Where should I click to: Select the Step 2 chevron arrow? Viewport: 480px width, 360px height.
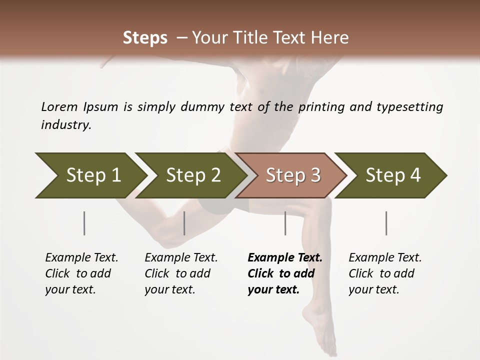pyautogui.click(x=192, y=175)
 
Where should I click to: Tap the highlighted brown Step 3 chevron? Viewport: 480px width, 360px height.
pyautogui.click(x=292, y=175)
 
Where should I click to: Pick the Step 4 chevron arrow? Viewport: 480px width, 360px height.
pyautogui.click(x=392, y=175)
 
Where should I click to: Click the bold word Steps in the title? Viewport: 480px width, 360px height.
pyautogui.click(x=145, y=38)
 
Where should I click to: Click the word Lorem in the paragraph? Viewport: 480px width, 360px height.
pyautogui.click(x=59, y=106)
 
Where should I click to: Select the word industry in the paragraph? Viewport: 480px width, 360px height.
pyautogui.click(x=66, y=124)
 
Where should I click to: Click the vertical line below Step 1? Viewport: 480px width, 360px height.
pyautogui.click(x=84, y=223)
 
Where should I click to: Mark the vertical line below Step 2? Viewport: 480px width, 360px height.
pyautogui.click(x=184, y=223)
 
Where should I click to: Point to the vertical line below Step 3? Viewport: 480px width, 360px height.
pyautogui.click(x=285, y=223)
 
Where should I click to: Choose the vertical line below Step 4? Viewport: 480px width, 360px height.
pyautogui.click(x=386, y=223)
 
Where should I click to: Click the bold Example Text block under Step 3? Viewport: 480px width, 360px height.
pyautogui.click(x=285, y=273)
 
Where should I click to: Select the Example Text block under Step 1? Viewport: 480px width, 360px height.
pyautogui.click(x=81, y=273)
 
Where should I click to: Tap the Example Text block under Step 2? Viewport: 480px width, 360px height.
pyautogui.click(x=181, y=273)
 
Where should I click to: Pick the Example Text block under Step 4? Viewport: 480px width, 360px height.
pyautogui.click(x=385, y=273)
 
